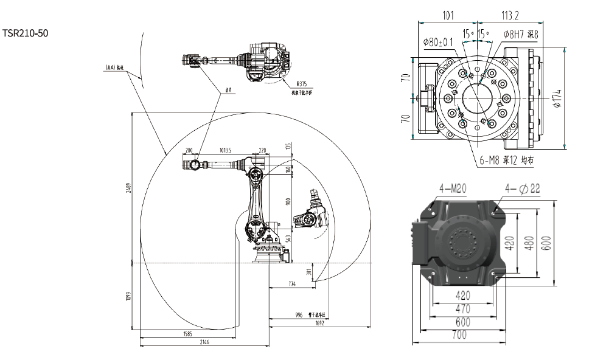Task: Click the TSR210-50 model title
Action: (25, 32)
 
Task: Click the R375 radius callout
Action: (302, 86)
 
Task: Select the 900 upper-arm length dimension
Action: (289, 201)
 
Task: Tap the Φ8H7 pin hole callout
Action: (521, 35)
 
